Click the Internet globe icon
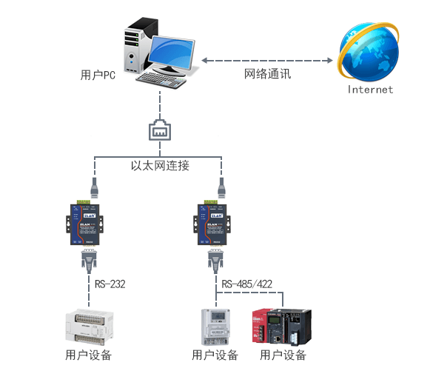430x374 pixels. (x=369, y=50)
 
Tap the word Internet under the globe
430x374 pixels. (x=371, y=90)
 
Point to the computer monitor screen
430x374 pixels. (x=175, y=52)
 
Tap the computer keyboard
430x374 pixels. (x=161, y=79)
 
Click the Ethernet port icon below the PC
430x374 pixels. (x=160, y=130)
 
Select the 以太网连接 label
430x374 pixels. (x=160, y=166)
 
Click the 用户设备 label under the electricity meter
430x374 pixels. (x=215, y=355)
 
